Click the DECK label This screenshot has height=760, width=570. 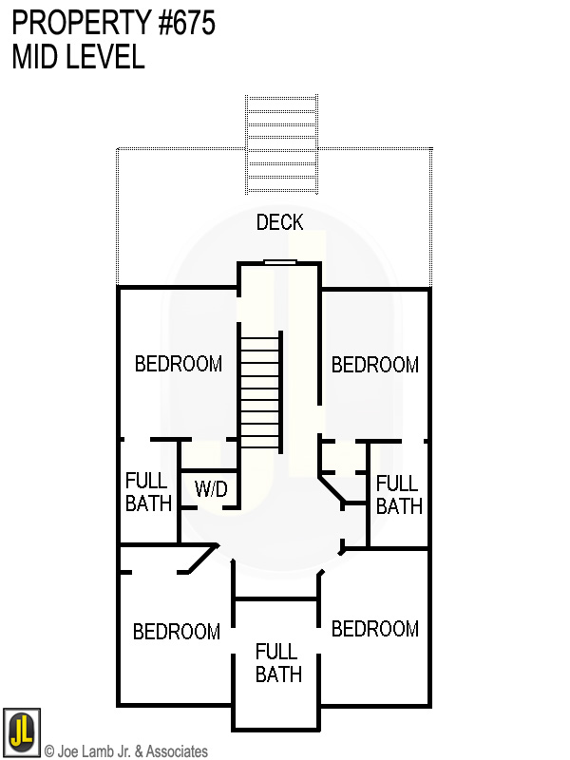[x=279, y=222]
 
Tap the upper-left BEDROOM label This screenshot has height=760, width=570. [x=179, y=364]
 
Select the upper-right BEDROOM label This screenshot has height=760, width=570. [x=374, y=365]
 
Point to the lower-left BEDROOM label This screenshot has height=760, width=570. [x=176, y=632]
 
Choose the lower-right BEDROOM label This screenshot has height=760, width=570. [x=374, y=629]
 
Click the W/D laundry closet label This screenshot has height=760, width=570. [x=211, y=489]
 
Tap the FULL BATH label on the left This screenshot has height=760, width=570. [x=148, y=492]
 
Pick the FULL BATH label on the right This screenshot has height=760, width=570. [x=398, y=494]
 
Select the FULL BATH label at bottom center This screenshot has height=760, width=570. [x=277, y=663]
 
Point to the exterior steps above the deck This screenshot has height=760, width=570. [x=281, y=142]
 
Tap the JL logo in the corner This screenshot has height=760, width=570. [x=21, y=732]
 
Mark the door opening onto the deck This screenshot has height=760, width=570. [x=280, y=263]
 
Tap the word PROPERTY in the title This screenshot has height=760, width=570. [x=76, y=23]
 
